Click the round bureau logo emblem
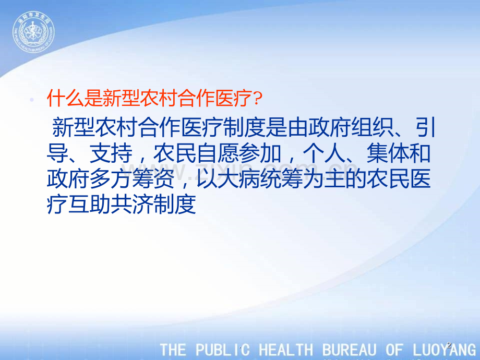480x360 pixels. coord(33,32)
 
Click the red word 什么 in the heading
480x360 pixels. coord(66,98)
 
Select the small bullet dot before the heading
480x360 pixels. coord(31,99)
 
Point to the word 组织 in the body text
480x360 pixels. coord(372,127)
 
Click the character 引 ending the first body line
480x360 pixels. coord(426,127)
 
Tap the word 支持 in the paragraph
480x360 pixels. coord(111,153)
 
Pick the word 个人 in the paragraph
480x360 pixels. coord(324,153)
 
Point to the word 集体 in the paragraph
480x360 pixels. coord(388,153)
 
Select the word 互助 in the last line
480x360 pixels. coord(90,204)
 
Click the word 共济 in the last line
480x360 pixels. coord(132,204)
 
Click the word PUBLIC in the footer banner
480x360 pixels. coord(223,350)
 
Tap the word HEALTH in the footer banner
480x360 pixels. coord(286,350)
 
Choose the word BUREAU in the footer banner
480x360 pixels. coord(349,350)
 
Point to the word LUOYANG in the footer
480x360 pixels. coord(444,350)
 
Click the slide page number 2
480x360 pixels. coord(449,345)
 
